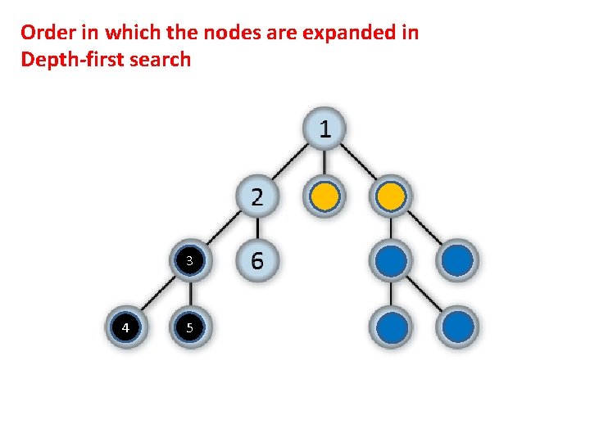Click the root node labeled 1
tap(325, 129)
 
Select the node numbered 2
tap(256, 196)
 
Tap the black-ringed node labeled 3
tap(189, 261)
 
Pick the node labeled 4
tap(125, 328)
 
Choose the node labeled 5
tap(189, 328)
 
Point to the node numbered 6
tap(256, 261)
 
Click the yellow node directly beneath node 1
tap(324, 196)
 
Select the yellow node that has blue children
tap(393, 196)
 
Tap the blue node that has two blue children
tap(393, 261)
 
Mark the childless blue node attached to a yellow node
tap(458, 261)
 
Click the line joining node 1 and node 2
tap(291, 162)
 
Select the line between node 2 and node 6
tap(256, 228)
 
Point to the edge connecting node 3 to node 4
tap(157, 295)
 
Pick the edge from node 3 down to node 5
tap(189, 295)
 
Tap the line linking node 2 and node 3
tap(223, 229)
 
